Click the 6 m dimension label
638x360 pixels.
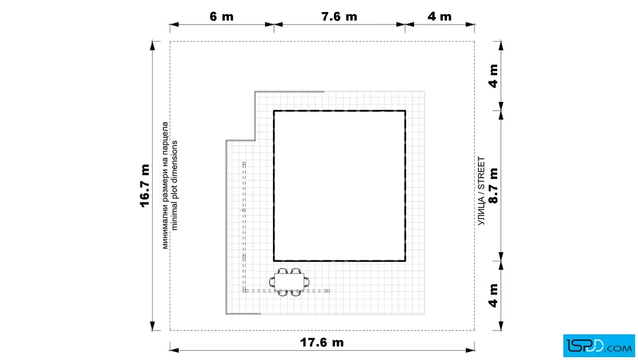coord(222,17)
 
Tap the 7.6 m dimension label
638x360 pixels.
coord(339,17)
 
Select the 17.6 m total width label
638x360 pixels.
coord(322,342)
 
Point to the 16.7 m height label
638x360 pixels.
coord(145,186)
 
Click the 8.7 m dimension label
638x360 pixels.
coord(493,186)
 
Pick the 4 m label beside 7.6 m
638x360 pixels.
coord(439,17)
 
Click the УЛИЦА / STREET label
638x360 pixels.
coord(481,191)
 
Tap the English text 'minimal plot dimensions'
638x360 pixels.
coord(174,186)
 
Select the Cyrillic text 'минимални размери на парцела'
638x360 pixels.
coord(165,186)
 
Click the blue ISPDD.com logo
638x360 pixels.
coord(599,346)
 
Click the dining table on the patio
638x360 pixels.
coord(289,281)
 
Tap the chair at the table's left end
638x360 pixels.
coord(272,281)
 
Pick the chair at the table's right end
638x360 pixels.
coord(306,281)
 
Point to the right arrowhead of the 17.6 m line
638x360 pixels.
coord(470,350)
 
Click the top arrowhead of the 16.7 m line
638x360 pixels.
coord(153,46)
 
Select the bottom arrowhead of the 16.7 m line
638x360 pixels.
coord(153,326)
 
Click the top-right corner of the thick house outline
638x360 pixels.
coord(405,111)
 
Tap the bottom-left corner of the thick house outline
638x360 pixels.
coord(274,261)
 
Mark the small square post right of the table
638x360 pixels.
coord(328,291)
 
